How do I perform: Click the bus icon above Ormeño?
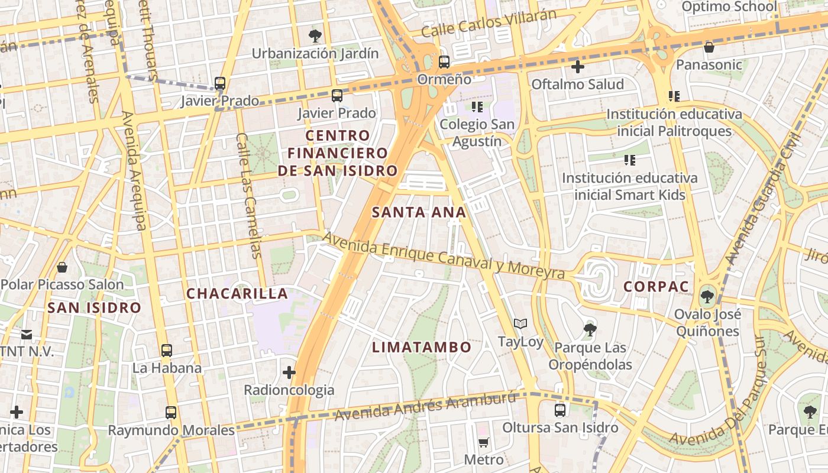click(x=444, y=61)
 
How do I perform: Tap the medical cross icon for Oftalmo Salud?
click(x=578, y=67)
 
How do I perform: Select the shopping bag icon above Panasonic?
click(x=709, y=47)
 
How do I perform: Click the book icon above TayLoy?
click(x=520, y=323)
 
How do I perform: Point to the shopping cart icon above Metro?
click(x=483, y=442)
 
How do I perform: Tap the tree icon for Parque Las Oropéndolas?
click(x=590, y=329)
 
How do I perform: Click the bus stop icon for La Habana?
click(x=167, y=350)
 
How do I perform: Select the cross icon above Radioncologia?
click(x=289, y=372)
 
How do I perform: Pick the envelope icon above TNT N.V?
click(x=27, y=335)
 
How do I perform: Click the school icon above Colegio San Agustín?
click(x=477, y=107)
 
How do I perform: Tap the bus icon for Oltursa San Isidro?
click(x=560, y=409)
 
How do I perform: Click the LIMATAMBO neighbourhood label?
click(x=422, y=347)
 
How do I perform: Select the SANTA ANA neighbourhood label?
click(x=419, y=212)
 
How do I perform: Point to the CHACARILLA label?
click(x=237, y=293)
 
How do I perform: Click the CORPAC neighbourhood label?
click(x=656, y=287)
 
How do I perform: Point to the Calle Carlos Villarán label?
click(x=489, y=24)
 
